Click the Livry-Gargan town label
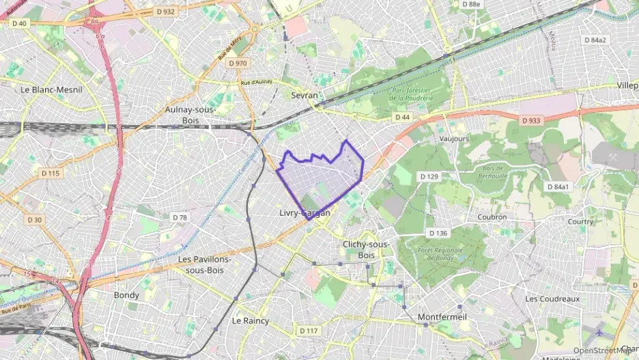click(x=305, y=213)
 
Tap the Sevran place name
click(x=304, y=96)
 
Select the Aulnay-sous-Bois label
click(x=190, y=115)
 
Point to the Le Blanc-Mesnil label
click(x=46, y=89)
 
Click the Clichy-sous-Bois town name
click(x=367, y=249)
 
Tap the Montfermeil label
click(x=442, y=317)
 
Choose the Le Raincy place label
click(x=251, y=320)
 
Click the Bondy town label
click(x=126, y=295)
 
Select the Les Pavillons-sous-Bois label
click(x=205, y=264)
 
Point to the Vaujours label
click(x=455, y=138)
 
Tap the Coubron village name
click(x=492, y=217)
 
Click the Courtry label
click(x=580, y=221)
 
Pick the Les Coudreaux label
click(x=552, y=299)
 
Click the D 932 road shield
click(x=165, y=12)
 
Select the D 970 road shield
click(x=238, y=63)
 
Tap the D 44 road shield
click(x=402, y=117)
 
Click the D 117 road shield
click(x=309, y=331)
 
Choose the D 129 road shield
click(x=429, y=177)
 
